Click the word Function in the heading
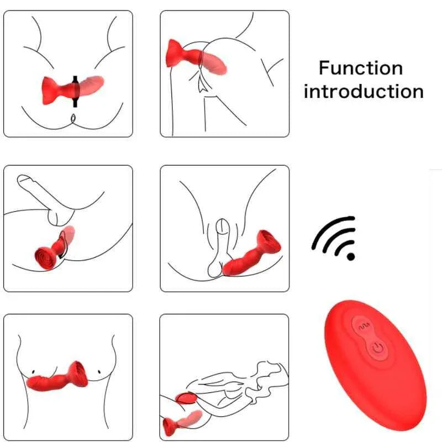tap(361, 69)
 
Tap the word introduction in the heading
tap(364, 91)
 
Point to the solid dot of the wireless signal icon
tap(350, 256)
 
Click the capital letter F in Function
tap(324, 69)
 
